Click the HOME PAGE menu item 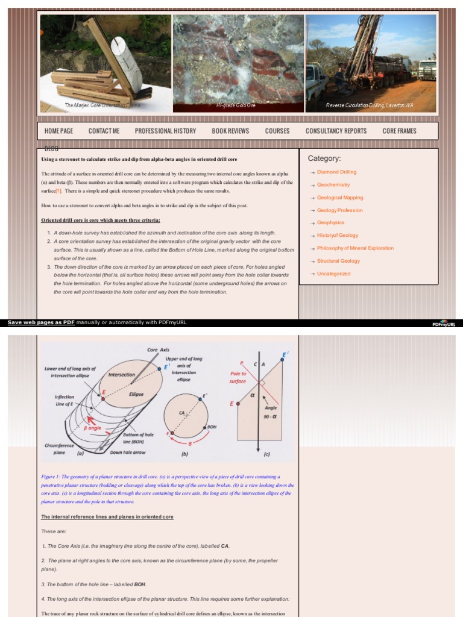coord(58,131)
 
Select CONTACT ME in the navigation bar coord(104,131)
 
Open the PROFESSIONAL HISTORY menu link coord(165,131)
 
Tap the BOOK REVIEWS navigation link coord(230,131)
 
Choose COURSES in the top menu coord(277,131)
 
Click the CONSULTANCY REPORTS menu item coord(336,131)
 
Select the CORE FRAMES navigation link coord(399,131)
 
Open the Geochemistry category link coord(333,185)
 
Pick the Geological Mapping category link coord(340,198)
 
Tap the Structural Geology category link coord(338,261)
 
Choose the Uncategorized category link coord(333,274)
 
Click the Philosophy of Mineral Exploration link coord(355,248)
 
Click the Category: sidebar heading coord(324,158)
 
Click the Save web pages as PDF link coord(41,322)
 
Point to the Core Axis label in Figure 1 coord(159,349)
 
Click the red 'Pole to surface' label coord(238,377)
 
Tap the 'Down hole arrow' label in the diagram coord(128,453)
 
